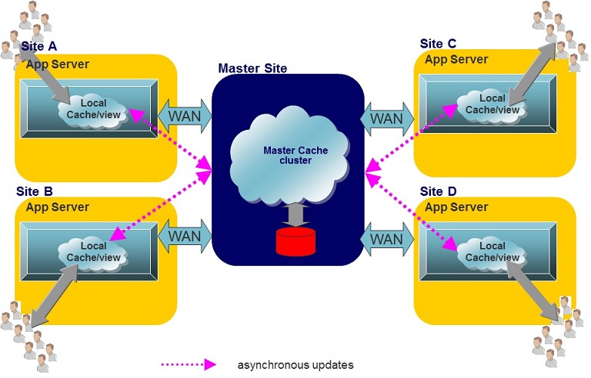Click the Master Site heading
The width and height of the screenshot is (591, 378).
tap(252, 68)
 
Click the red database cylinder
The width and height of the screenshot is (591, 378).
tap(295, 240)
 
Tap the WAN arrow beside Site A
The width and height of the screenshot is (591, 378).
tap(185, 115)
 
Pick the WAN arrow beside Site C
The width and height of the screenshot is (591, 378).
tap(386, 118)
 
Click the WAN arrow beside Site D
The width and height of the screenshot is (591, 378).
tap(386, 238)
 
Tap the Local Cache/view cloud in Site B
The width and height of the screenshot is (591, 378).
tap(93, 251)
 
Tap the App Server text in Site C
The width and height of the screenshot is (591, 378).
tap(456, 59)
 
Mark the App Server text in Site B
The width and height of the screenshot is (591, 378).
tap(58, 207)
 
